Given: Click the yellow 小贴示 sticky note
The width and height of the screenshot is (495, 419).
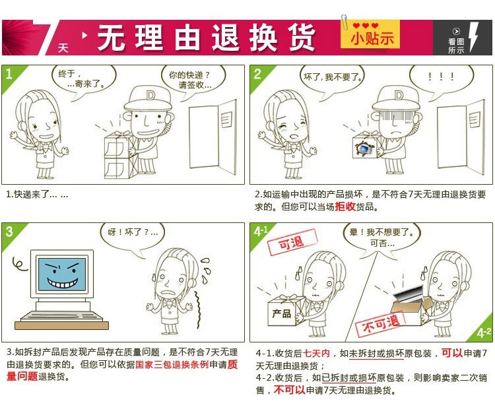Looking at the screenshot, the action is point(370,34).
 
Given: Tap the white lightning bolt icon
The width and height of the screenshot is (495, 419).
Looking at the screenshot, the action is point(474,36).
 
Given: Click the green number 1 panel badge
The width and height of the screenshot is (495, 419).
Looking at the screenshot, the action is point(13,77).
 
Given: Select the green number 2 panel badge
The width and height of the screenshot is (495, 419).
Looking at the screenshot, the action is point(261,77).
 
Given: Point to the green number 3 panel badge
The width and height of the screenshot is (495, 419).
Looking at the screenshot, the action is point(13,235).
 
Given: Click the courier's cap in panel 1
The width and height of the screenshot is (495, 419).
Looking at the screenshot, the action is point(148,98).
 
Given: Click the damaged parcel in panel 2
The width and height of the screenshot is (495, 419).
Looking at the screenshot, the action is point(366,145).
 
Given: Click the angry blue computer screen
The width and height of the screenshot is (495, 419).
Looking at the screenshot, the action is point(62,274).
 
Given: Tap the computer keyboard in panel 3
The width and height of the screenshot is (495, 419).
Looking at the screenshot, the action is point(61,317).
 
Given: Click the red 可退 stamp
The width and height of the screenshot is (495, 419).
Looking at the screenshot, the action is point(292,242).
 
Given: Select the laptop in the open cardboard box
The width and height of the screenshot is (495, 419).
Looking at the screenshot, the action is point(409,294).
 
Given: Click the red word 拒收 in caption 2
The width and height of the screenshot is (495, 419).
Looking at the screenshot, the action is point(345,207).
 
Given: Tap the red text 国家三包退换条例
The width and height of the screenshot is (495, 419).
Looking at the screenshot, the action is point(172,364).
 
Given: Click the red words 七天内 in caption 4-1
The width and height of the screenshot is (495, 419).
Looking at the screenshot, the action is point(316,353).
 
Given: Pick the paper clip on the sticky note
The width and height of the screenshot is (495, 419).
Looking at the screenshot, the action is point(345,22).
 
